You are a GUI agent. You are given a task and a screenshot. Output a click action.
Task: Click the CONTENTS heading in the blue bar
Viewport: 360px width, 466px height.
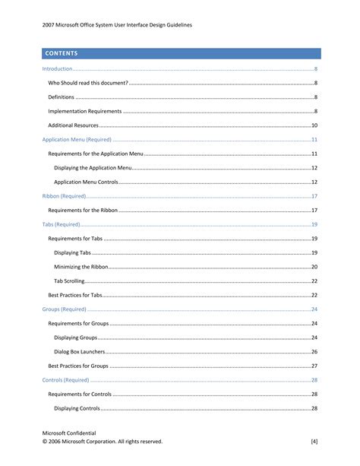(x=62, y=54)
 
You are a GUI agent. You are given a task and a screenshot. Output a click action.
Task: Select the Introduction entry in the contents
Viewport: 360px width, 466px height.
(x=58, y=69)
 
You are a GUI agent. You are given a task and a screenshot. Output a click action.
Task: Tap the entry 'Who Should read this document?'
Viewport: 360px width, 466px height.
(x=87, y=83)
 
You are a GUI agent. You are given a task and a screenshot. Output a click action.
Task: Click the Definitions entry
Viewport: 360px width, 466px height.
(x=62, y=97)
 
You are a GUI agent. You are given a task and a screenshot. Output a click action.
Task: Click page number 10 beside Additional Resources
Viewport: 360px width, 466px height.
(x=314, y=125)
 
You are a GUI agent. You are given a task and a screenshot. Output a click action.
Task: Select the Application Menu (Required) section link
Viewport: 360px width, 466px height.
(x=77, y=140)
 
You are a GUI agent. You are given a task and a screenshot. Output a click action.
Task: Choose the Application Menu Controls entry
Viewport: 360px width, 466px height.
(x=86, y=182)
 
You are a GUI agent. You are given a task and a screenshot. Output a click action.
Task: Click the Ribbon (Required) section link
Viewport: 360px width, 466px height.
(x=64, y=196)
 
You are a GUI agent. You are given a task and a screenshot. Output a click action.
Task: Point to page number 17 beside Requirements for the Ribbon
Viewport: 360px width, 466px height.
(x=314, y=211)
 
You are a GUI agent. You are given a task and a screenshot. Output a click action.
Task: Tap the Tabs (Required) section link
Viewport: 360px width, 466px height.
(x=61, y=225)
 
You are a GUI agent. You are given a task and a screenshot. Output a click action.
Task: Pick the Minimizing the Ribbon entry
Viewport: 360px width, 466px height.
(x=81, y=267)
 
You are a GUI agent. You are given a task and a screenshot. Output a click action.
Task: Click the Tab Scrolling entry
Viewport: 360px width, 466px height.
(x=69, y=281)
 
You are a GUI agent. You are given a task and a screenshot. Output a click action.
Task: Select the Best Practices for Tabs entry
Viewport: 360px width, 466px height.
(x=74, y=295)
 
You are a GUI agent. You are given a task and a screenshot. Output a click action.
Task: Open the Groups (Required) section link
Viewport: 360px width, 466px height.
(x=65, y=309)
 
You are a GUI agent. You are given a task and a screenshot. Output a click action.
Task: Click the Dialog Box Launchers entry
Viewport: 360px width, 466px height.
(x=80, y=352)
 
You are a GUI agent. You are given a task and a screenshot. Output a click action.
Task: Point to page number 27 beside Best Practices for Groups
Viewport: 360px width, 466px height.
(x=314, y=366)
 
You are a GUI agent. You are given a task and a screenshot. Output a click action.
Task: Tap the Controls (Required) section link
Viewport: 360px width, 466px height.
(x=66, y=380)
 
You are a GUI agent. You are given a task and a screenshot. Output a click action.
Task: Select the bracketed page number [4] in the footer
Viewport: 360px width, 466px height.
(x=314, y=441)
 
